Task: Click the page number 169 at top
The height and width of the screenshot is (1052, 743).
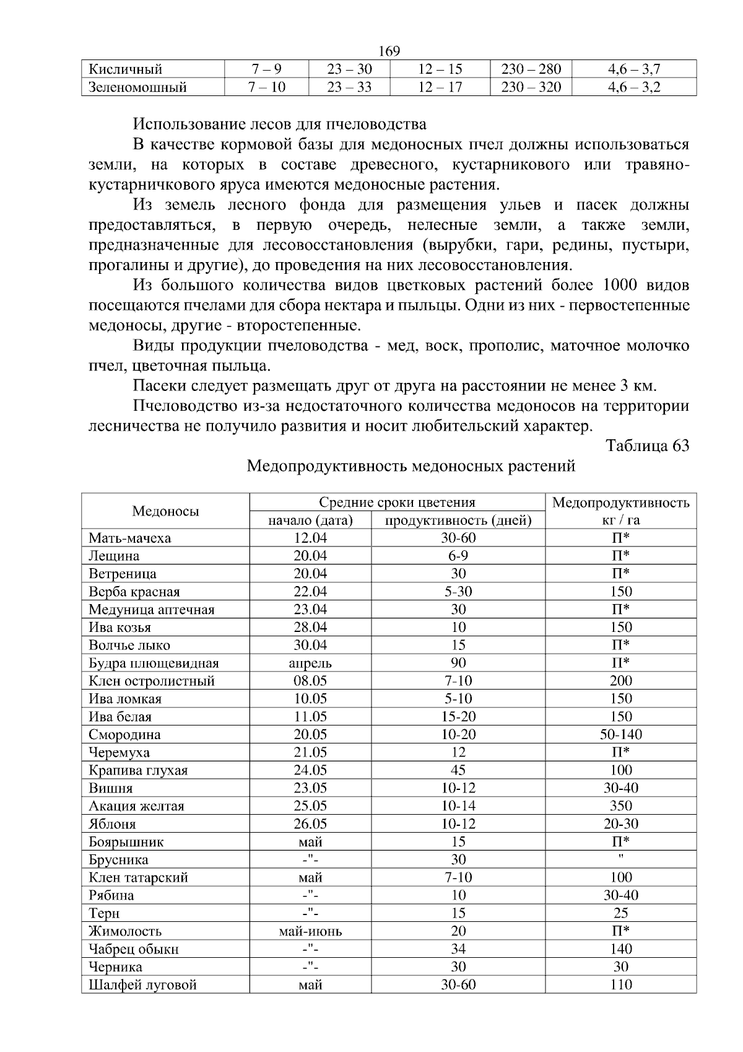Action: pos(389,51)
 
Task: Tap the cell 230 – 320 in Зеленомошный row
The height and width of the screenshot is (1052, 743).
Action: pos(531,87)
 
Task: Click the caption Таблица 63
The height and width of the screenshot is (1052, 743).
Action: pos(647,445)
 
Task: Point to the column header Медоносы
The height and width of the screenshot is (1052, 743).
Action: pos(165,511)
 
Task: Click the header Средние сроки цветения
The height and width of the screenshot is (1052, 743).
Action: pos(397,502)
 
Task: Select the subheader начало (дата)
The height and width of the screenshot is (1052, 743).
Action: pos(310,520)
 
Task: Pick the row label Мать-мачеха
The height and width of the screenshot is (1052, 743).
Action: pos(129,538)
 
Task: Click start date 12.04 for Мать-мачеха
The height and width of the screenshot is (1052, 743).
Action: pos(310,538)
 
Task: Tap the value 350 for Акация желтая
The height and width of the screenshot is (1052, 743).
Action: pos(620,805)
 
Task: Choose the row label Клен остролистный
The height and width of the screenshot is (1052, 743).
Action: pos(152,681)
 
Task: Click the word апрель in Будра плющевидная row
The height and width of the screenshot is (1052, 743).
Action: pos(310,663)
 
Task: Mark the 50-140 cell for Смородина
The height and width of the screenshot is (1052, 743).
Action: pos(620,734)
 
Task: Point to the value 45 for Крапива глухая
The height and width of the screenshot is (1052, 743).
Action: pos(458,770)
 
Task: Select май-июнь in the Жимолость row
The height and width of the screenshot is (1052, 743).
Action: pos(310,931)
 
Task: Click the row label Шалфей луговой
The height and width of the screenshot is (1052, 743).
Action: pos(142,984)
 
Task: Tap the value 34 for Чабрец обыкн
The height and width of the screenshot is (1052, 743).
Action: pos(458,949)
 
